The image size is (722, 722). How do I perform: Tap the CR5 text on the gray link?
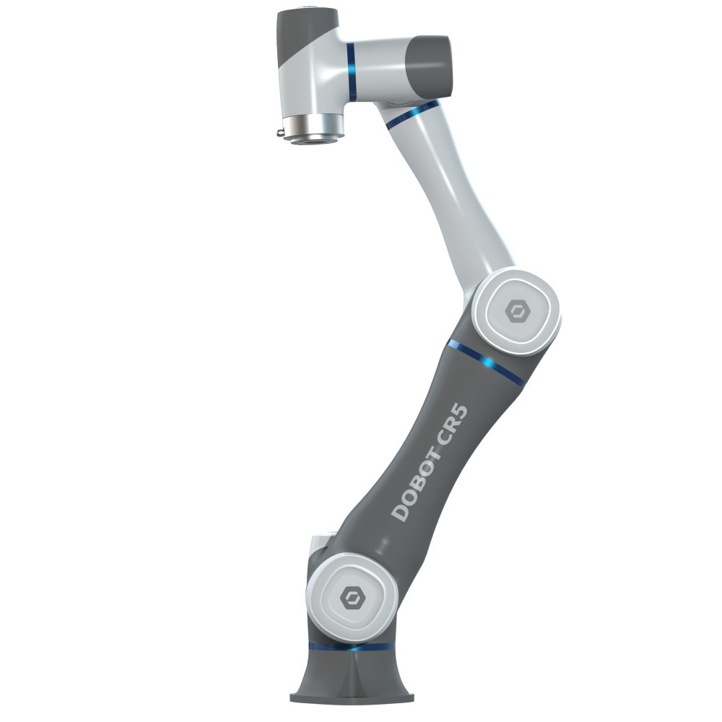click(453, 425)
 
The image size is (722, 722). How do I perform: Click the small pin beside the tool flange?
click(280, 134)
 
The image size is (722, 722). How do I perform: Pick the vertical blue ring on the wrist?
click(352, 71)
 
